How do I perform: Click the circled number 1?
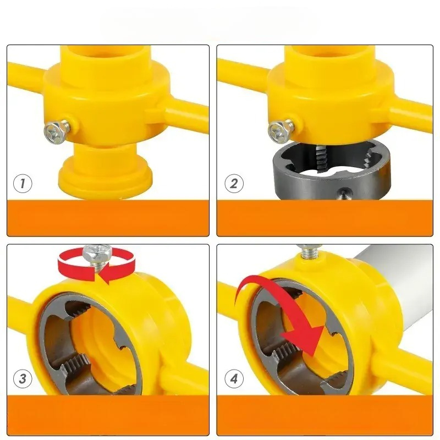pos(23,184)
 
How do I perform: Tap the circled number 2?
pos(234,184)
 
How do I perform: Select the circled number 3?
pos(23,378)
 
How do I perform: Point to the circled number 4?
pos(234,378)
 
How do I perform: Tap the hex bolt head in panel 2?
pos(278,131)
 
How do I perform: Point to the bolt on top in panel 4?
pos(310,251)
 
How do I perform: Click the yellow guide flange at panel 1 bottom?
pos(105,177)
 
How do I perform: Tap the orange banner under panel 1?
pos(108,218)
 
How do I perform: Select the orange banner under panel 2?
pos(325,218)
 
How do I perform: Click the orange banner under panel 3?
pos(108,415)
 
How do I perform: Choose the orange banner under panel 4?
pos(325,415)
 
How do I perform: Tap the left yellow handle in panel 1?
pos(26,75)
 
